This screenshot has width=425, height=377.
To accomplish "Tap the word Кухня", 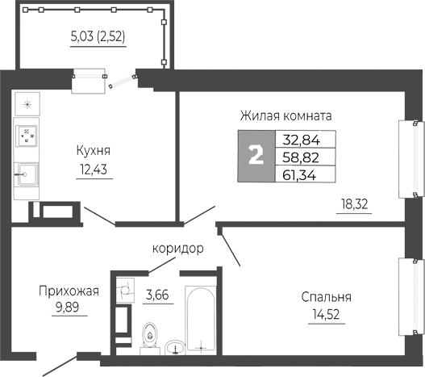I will (94, 150).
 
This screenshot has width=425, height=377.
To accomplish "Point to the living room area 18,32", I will (352, 204).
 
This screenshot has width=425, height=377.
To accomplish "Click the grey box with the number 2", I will (256, 156).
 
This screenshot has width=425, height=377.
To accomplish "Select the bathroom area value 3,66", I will (156, 296).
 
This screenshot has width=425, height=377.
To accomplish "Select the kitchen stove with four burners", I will (28, 135).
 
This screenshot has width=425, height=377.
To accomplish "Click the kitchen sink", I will (27, 171).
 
